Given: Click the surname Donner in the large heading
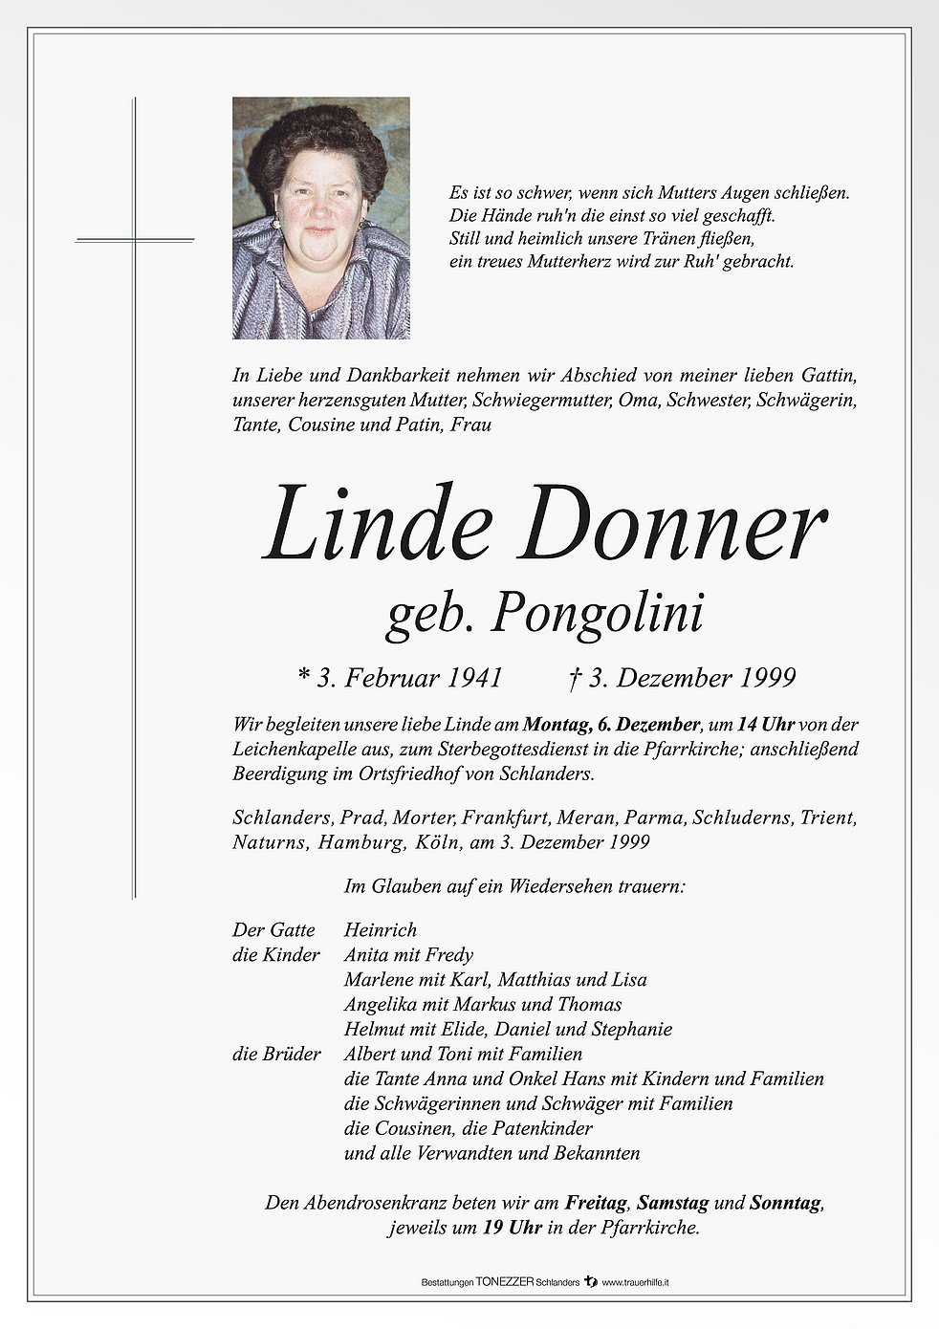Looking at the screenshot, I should (671, 527).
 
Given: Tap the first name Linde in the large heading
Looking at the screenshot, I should (377, 527).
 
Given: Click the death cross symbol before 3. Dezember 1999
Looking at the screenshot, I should (574, 677).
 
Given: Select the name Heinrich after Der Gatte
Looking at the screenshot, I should (381, 929).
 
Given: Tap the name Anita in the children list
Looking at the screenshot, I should (366, 954).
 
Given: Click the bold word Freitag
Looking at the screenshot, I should (596, 1203).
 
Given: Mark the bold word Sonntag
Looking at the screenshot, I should (785, 1203).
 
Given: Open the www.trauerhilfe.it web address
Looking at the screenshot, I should (635, 1282).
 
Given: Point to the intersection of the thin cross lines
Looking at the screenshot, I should (135, 239).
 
